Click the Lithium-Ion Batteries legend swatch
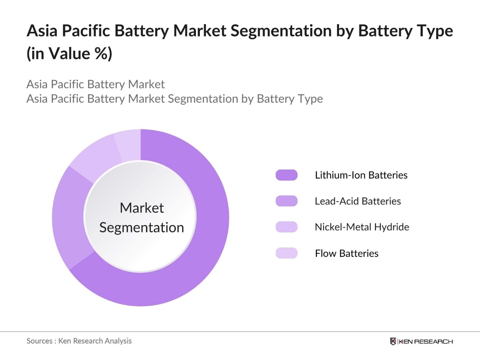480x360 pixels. tap(286, 175)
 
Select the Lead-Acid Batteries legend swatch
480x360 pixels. tap(286, 201)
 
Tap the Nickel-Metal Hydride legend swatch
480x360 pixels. tap(286, 227)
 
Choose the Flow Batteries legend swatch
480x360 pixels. tap(286, 253)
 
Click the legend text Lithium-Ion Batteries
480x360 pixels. tap(361, 175)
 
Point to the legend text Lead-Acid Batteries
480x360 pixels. tap(358, 201)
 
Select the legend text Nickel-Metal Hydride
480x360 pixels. tap(362, 227)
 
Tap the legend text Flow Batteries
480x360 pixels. tap(346, 253)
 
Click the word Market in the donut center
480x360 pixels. tap(141, 208)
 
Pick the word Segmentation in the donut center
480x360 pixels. tap(141, 227)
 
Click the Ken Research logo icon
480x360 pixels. tap(393, 342)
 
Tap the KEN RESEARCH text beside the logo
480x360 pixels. tap(425, 342)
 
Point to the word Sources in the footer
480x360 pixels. tap(40, 341)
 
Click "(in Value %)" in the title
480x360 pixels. tap(69, 54)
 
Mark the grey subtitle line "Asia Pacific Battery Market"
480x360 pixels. tap(95, 84)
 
